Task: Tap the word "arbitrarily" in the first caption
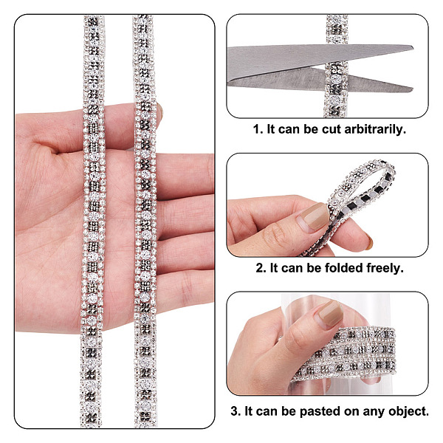tap(375, 130)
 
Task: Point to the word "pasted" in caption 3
tap(319, 411)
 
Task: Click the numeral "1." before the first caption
tap(258, 129)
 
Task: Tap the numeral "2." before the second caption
tap(261, 268)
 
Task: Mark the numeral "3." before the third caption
tap(236, 411)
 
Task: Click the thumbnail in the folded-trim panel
tap(313, 218)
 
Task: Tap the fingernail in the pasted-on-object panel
tap(330, 315)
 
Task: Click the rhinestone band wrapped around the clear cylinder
tap(345, 353)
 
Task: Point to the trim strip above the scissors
tap(337, 30)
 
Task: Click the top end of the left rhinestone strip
tap(94, 16)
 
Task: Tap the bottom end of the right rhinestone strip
tap(145, 425)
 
